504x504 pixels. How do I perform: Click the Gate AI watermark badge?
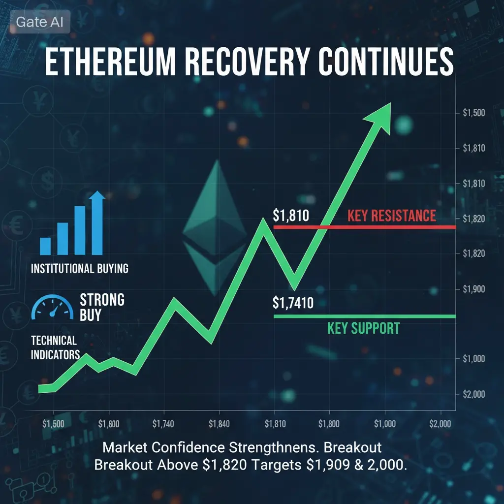coord(40,22)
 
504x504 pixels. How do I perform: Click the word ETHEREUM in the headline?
coord(110,62)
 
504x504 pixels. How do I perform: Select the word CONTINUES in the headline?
coord(386,62)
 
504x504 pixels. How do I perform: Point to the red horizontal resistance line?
coord(365,227)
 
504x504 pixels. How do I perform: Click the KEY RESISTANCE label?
coord(392,216)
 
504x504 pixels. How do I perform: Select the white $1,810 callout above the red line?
coord(291,216)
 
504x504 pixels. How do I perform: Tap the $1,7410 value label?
coord(293,303)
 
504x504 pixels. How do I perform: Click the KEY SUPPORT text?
coord(364,328)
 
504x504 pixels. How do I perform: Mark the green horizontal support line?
coord(365,316)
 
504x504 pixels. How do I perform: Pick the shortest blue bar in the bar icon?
coord(45,246)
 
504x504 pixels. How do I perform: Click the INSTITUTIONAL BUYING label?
coord(80,268)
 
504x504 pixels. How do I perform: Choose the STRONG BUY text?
coord(102,307)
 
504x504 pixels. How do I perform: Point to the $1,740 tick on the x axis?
coord(163,424)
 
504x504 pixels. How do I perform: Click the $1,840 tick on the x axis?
coord(219,424)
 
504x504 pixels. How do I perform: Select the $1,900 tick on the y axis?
coord(474,289)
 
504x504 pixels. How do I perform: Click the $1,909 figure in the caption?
coord(328,465)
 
